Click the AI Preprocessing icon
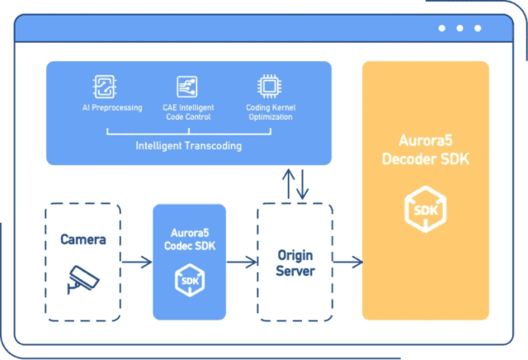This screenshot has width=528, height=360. click(104, 87)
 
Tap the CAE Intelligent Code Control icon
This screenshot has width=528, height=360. click(186, 87)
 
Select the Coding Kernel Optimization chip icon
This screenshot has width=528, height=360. click(268, 87)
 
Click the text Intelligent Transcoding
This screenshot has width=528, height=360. click(188, 146)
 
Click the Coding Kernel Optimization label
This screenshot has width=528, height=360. click(269, 112)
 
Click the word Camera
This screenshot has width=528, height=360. click(83, 240)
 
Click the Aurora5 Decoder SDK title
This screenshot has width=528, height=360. click(426, 151)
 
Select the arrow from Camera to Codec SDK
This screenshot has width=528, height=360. click(137, 263)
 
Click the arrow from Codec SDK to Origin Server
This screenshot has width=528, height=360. click(241, 263)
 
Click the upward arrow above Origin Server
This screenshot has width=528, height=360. click(286, 184)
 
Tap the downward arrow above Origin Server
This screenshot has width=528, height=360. click(303, 184)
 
